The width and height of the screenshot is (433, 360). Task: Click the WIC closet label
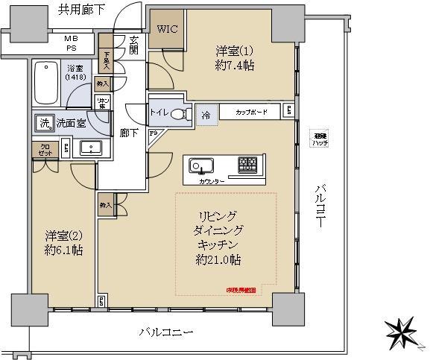click(166, 30)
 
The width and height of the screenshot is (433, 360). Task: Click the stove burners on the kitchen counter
click(247, 164)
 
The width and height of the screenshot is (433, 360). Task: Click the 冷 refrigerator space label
click(205, 116)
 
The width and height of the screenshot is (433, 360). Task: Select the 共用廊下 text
click(82, 10)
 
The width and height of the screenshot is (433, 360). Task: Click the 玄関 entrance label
click(134, 46)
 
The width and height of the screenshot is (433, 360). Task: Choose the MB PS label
click(71, 43)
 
